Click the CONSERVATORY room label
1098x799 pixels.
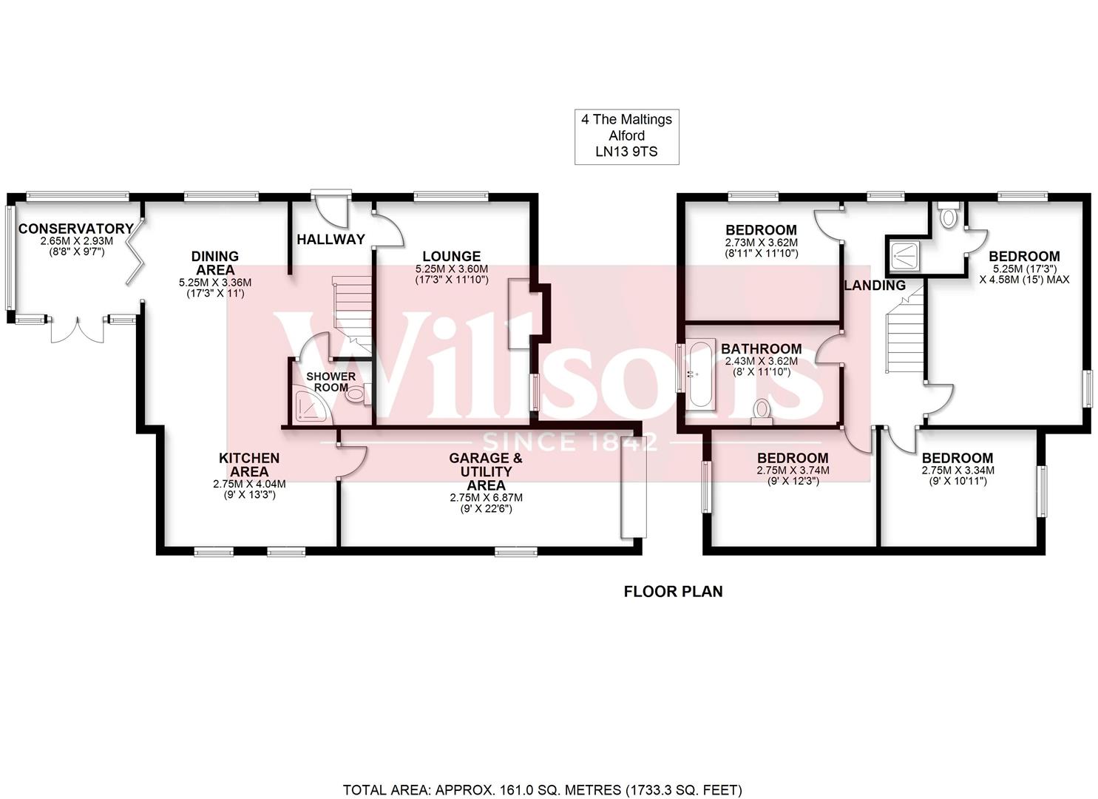[x=75, y=229]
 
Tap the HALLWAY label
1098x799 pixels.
[x=331, y=239]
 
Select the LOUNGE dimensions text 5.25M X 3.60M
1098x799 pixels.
[x=451, y=269]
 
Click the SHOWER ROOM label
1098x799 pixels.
[x=331, y=382]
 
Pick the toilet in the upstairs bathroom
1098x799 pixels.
[x=761, y=411]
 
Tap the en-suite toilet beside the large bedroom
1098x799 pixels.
[x=948, y=216]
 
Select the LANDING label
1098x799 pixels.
[x=875, y=285]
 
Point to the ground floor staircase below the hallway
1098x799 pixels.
[x=352, y=311]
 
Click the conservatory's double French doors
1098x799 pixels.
[x=78, y=330]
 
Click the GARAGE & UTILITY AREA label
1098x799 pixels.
[x=486, y=472]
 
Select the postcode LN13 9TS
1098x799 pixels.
[x=626, y=152]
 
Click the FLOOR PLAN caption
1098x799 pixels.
[x=673, y=591]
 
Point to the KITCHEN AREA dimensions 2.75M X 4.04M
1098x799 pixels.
[x=248, y=485]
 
